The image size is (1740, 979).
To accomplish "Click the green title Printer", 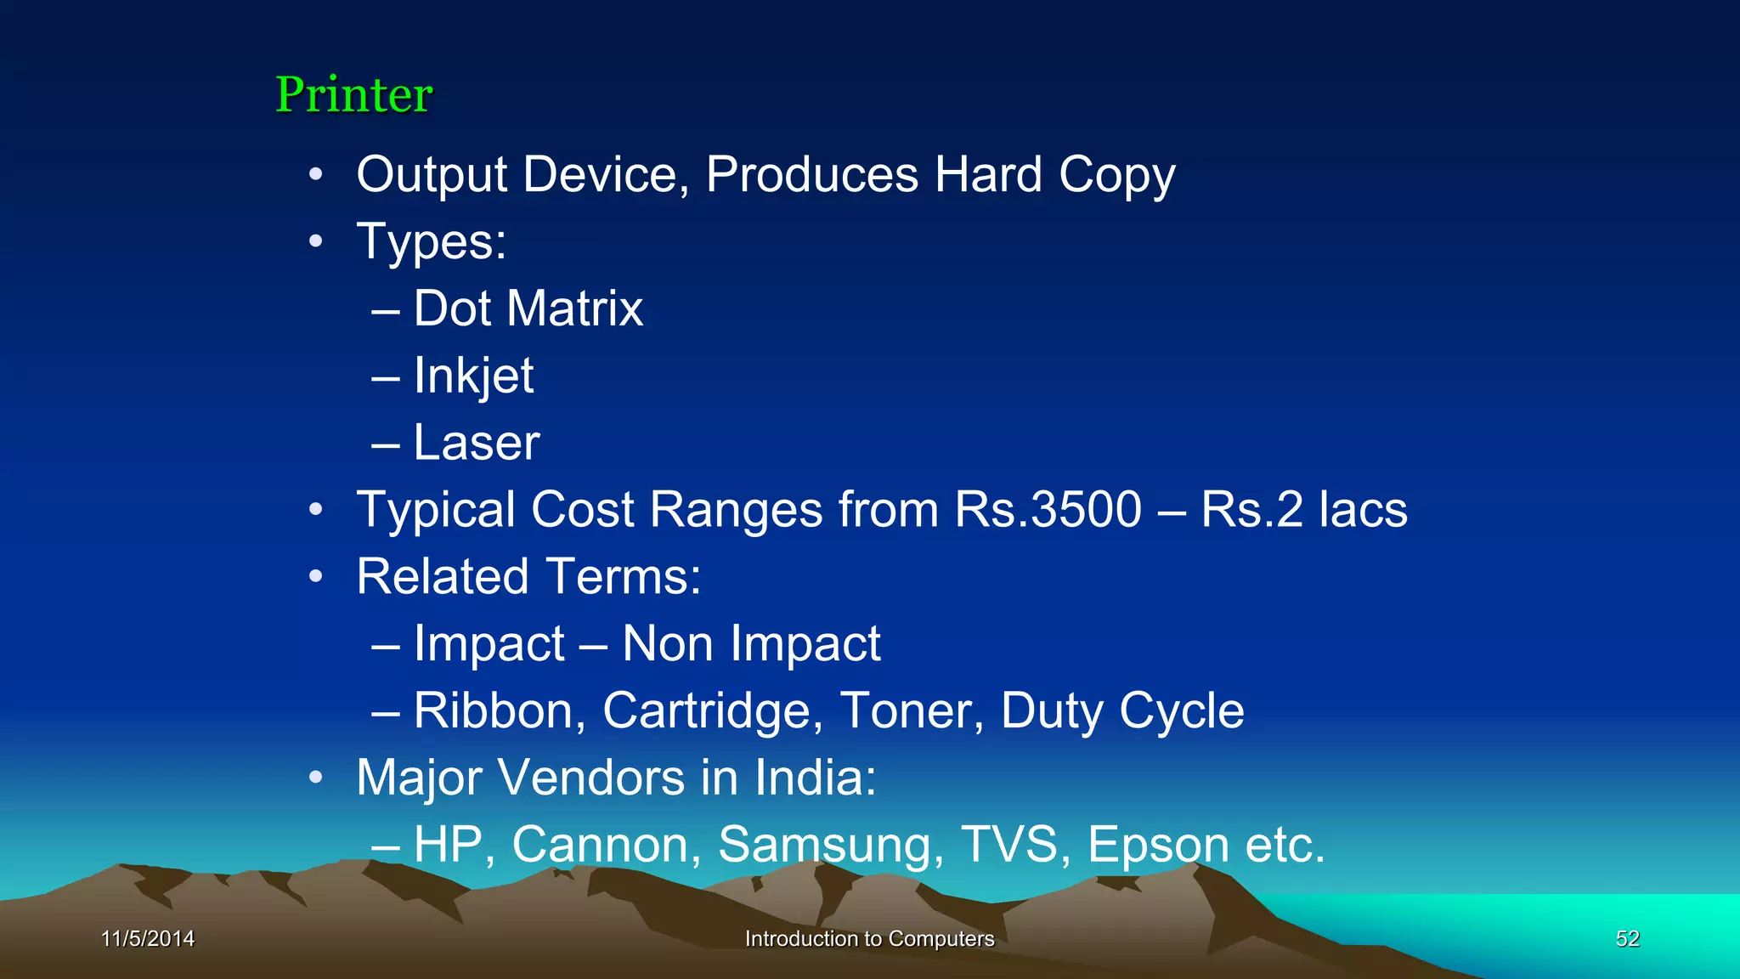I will click(x=353, y=94).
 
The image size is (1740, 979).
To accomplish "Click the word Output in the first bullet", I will click(x=432, y=175).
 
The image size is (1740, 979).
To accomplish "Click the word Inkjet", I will click(x=473, y=376).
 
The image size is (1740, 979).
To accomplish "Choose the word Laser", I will click(x=476, y=443).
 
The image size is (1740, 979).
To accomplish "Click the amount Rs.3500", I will click(x=1048, y=510).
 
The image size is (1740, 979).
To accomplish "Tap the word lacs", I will click(x=1363, y=510).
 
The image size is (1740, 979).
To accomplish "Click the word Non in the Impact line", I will click(x=667, y=644).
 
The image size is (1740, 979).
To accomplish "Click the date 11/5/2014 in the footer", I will click(x=148, y=939).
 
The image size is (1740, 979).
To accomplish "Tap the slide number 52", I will click(x=1627, y=939).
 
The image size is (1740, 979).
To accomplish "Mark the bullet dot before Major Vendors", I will click(x=316, y=777).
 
